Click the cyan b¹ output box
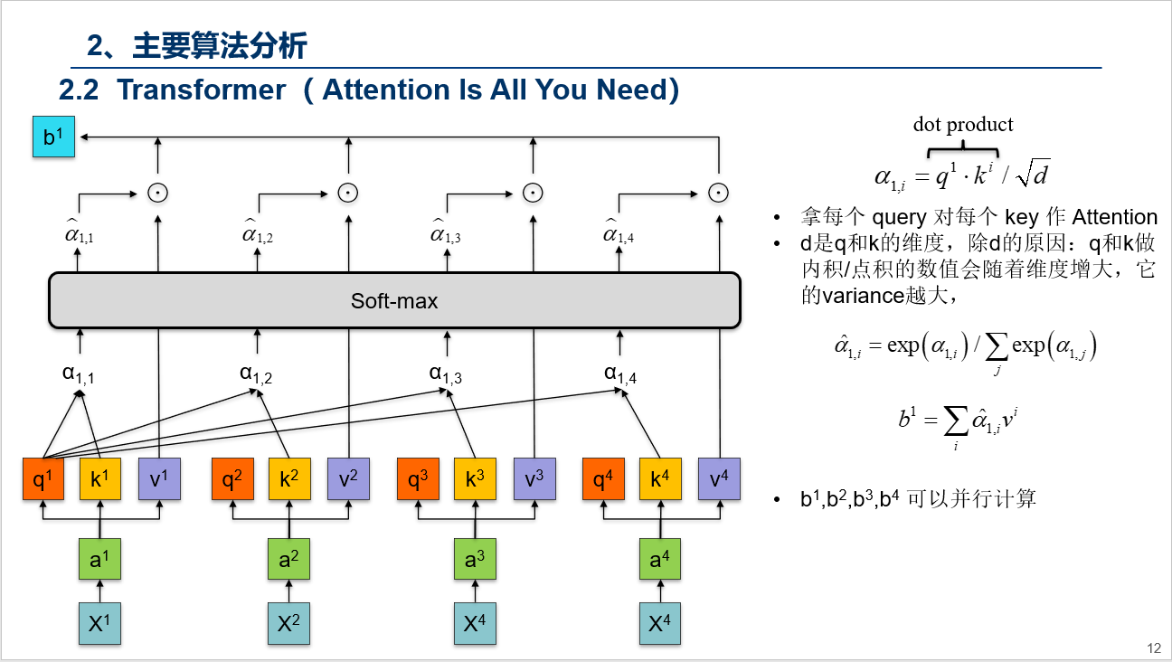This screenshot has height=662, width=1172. click(54, 137)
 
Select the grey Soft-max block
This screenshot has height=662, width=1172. click(394, 301)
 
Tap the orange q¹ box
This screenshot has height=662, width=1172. click(43, 480)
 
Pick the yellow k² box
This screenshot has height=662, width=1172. click(288, 480)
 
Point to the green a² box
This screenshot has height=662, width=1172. click(288, 560)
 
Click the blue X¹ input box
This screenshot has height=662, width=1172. click(99, 623)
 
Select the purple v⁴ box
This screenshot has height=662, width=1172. click(719, 480)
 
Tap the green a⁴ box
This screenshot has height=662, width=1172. click(659, 560)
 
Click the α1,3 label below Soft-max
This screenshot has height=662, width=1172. click(446, 374)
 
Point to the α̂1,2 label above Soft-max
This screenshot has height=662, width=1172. click(258, 234)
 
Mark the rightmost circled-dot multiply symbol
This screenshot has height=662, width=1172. click(718, 192)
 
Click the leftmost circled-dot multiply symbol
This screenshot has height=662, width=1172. click(158, 192)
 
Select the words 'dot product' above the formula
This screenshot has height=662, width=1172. click(963, 125)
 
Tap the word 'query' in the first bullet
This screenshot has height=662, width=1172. click(899, 217)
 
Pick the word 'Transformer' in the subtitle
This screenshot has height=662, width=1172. click(201, 90)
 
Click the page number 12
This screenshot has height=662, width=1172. click(1153, 648)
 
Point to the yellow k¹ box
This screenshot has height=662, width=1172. click(99, 480)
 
